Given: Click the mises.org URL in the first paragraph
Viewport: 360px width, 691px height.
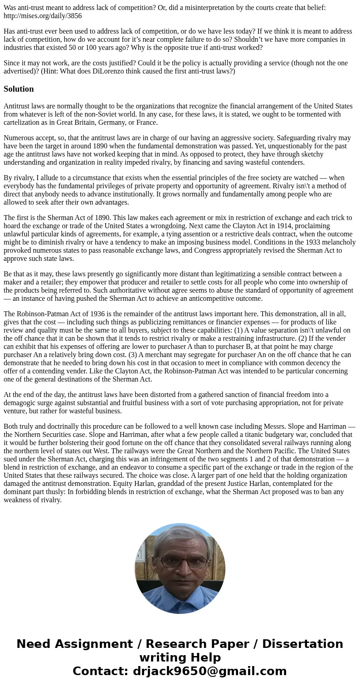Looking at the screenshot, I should point(43,15).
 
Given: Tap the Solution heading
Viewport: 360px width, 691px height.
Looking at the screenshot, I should point(19,89).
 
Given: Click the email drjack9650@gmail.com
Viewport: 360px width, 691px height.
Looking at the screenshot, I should point(209,671).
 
